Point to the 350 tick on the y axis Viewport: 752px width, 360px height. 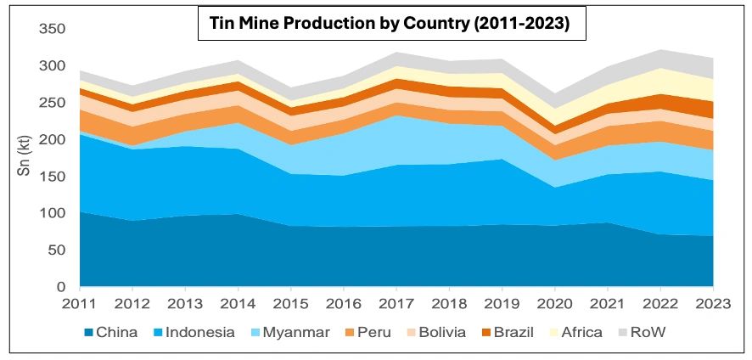pos(53,30)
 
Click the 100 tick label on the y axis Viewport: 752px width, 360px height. pos(53,213)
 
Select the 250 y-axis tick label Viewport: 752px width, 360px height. pos(53,103)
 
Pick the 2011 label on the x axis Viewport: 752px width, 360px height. pos(80,303)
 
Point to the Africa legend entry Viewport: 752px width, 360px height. pos(578,332)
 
